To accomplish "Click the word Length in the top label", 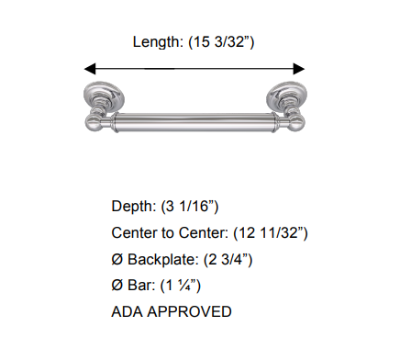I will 156,43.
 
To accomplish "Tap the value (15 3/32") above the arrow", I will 221,43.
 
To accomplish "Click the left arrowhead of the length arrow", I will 90,68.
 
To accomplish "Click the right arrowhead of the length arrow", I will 298,68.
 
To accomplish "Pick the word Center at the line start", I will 134,233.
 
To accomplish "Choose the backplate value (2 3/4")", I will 228,260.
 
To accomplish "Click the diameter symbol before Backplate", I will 117,260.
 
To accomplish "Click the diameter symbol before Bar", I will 117,286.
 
